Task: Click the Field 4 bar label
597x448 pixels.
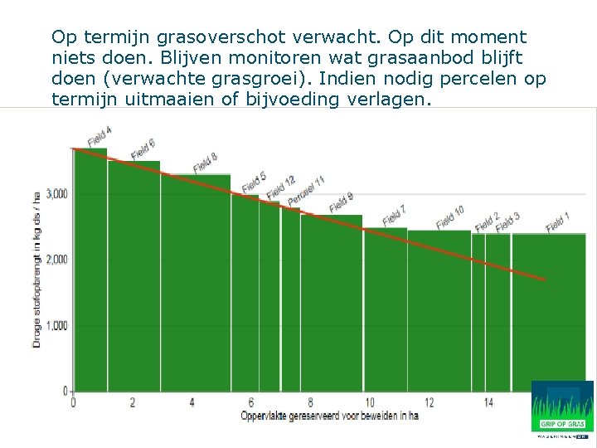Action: (99, 135)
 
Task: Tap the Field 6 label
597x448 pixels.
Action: (143, 149)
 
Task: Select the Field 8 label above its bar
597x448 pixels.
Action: (206, 163)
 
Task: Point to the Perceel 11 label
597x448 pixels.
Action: (306, 192)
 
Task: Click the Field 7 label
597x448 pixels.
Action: (394, 215)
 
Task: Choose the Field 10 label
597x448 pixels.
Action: (450, 217)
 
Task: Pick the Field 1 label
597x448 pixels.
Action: (559, 223)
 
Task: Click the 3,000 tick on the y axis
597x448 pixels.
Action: (56, 193)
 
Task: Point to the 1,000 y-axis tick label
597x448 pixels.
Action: (56, 325)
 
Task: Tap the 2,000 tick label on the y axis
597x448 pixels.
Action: (56, 260)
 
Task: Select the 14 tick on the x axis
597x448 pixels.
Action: (488, 402)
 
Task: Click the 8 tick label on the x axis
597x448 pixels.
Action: (310, 402)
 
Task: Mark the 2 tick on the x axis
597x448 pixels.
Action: (133, 402)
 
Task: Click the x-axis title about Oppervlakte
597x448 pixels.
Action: (329, 415)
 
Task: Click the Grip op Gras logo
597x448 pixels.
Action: (562, 407)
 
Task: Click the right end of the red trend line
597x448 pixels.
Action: (546, 280)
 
